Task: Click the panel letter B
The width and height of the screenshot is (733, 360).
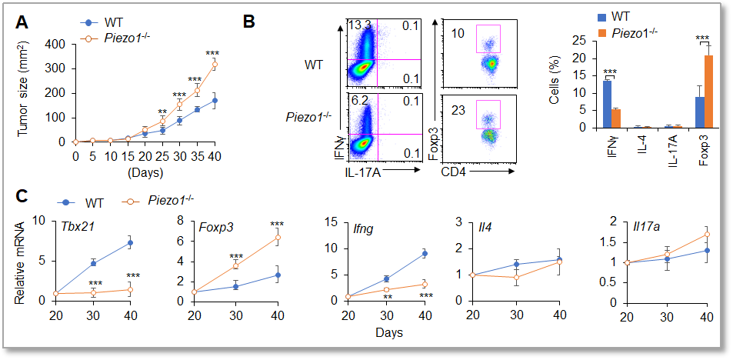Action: click(x=250, y=22)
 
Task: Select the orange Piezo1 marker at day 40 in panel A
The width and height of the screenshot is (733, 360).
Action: click(x=215, y=65)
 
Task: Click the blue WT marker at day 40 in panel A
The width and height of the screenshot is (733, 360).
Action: click(x=215, y=100)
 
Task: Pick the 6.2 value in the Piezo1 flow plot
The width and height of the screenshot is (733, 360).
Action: click(x=359, y=100)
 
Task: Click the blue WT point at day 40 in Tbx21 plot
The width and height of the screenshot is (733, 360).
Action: click(x=129, y=243)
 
